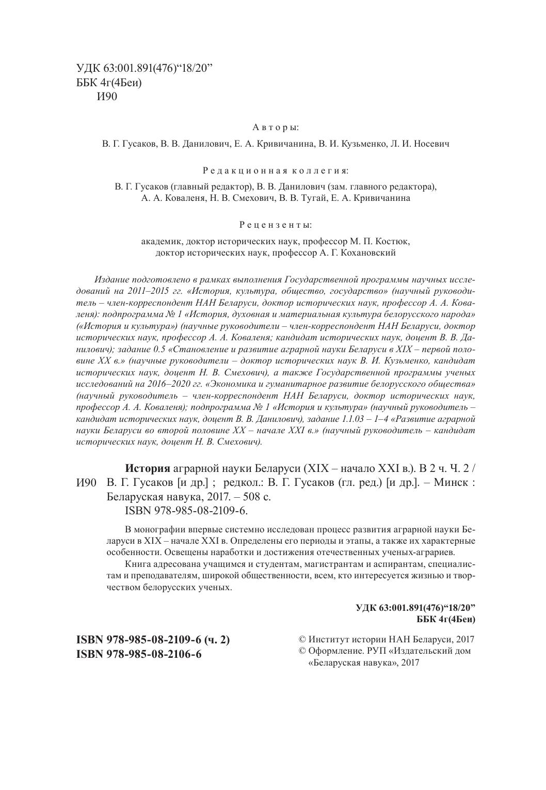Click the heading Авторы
[276, 127]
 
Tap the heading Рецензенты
[276, 225]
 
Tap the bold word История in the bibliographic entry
[148, 469]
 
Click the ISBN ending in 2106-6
[138, 654]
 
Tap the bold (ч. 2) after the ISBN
[217, 640]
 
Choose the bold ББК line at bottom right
[446, 619]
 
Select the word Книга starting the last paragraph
[137, 564]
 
